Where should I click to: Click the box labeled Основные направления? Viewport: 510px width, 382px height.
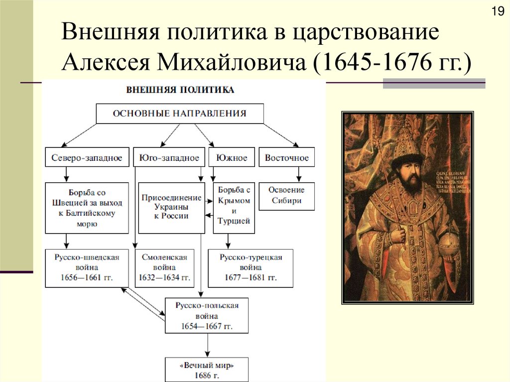[x=179, y=114]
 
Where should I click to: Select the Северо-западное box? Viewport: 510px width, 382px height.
[x=87, y=158]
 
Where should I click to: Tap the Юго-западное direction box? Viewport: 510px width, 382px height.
[x=169, y=158]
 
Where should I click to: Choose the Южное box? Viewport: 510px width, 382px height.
[x=232, y=158]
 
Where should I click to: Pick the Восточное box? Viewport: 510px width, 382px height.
[x=287, y=158]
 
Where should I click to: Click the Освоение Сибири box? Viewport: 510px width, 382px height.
[x=286, y=196]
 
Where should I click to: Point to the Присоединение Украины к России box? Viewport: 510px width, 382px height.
[x=171, y=207]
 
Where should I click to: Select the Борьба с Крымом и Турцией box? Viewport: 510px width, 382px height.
[x=234, y=207]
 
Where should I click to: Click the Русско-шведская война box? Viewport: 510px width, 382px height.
[x=87, y=268]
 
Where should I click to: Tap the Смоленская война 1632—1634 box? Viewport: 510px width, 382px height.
[x=164, y=268]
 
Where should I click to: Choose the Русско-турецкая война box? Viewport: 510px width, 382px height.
[x=250, y=268]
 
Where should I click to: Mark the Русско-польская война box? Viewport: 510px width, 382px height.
[x=207, y=316]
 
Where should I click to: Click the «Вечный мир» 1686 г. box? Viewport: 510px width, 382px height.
[x=207, y=369]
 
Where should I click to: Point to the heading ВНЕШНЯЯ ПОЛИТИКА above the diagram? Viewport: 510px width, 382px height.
[x=180, y=91]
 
